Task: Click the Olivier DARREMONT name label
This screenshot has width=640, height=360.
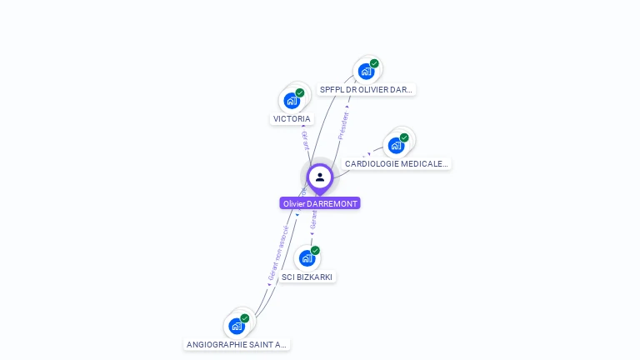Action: (x=320, y=203)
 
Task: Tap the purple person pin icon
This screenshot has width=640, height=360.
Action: (x=320, y=177)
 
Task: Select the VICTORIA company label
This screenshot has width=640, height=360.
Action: (x=292, y=119)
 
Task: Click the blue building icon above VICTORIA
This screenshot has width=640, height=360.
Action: (x=291, y=101)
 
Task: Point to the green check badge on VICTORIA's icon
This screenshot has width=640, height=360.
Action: (x=300, y=92)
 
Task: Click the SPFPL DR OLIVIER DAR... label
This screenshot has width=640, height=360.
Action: (x=366, y=89)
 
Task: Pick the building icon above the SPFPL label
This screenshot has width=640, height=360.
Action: (x=365, y=72)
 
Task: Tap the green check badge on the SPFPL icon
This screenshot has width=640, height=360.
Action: (x=374, y=63)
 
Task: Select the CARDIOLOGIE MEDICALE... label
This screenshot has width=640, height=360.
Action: (x=397, y=164)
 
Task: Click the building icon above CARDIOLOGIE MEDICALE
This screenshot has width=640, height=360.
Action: (x=396, y=145)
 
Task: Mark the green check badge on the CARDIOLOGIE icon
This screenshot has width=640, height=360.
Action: (x=404, y=137)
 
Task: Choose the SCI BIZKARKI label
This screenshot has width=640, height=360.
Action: (x=307, y=277)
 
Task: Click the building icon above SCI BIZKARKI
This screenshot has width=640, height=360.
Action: (x=306, y=258)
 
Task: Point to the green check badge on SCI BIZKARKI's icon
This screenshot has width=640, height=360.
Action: (x=315, y=250)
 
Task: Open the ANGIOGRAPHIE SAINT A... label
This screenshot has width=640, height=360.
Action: (x=237, y=344)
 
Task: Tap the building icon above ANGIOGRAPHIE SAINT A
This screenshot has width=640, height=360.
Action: (x=236, y=326)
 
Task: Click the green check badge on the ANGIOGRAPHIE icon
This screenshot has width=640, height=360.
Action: (x=245, y=317)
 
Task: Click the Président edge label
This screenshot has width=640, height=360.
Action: (x=342, y=125)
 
